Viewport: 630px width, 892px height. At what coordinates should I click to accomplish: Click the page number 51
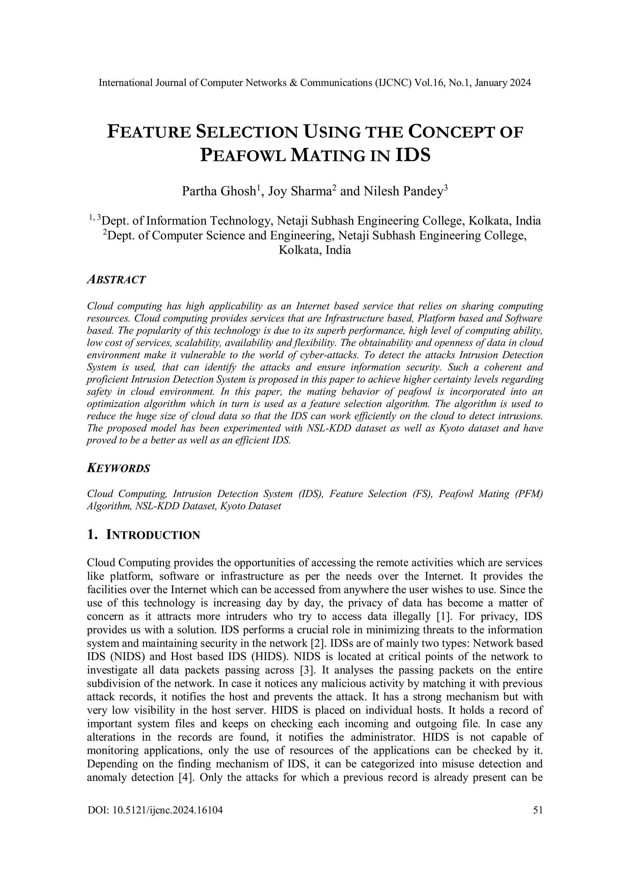(x=538, y=810)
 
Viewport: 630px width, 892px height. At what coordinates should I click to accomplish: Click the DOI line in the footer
(x=155, y=810)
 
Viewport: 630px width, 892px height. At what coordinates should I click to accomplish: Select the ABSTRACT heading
(x=117, y=279)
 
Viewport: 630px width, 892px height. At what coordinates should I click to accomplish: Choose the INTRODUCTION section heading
(x=153, y=535)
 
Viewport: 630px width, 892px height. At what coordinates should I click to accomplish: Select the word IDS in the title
(x=413, y=155)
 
